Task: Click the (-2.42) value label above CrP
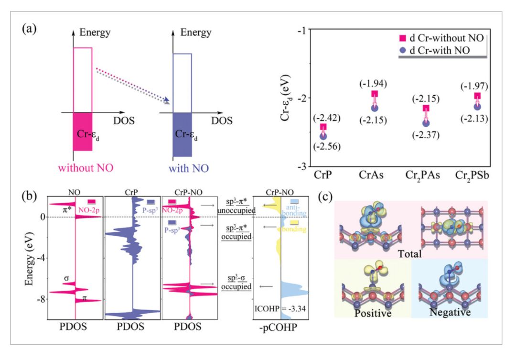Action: pos(323,118)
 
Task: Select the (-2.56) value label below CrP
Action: pos(323,147)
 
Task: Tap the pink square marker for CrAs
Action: pos(375,94)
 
